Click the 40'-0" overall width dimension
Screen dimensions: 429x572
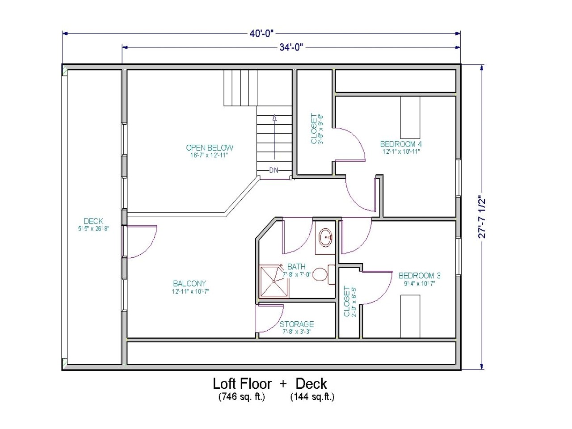pyautogui.click(x=261, y=34)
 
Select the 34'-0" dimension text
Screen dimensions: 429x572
pyautogui.click(x=291, y=47)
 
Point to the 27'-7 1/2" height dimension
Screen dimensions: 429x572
pyautogui.click(x=482, y=217)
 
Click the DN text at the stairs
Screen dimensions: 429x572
pyautogui.click(x=274, y=170)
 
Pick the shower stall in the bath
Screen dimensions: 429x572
pyautogui.click(x=273, y=281)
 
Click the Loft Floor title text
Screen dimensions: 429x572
pyautogui.click(x=242, y=383)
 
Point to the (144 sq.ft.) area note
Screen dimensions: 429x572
pyautogui.click(x=312, y=396)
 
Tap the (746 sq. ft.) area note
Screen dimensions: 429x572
pyautogui.click(x=242, y=396)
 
